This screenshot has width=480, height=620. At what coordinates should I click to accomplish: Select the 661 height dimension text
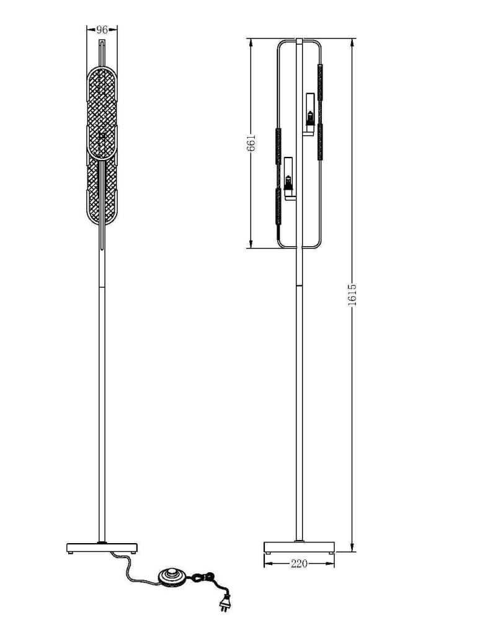point(251,144)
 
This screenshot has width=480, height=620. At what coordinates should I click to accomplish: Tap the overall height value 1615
point(352,294)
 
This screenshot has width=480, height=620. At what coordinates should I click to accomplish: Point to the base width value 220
point(299,564)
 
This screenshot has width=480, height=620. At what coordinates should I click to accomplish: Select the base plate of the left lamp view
point(102,547)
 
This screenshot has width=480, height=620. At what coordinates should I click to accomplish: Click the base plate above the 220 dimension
point(299,547)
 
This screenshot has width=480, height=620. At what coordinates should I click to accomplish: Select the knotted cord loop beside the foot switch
point(202,578)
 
